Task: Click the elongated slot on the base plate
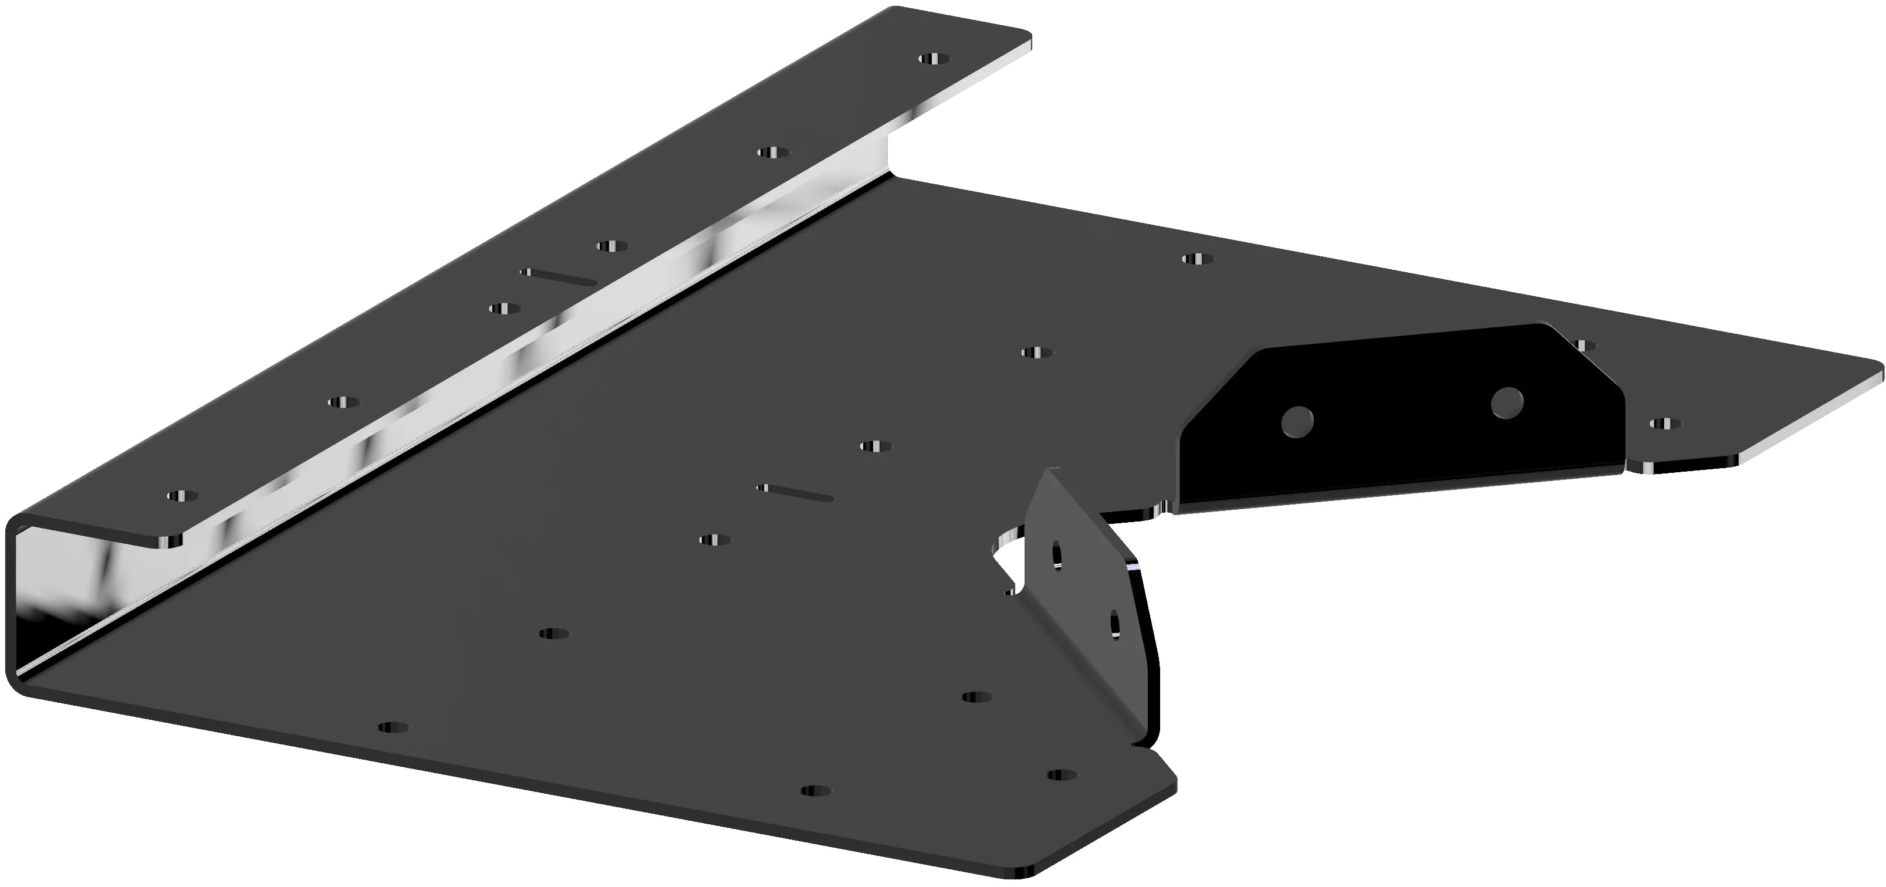[796, 492]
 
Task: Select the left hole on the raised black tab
[1297, 422]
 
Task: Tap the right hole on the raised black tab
[1507, 402]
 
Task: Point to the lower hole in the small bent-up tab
[1115, 624]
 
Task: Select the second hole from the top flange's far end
[773, 152]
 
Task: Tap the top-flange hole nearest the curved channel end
[182, 496]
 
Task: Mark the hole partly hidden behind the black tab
[1584, 345]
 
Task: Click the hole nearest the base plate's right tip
[1665, 423]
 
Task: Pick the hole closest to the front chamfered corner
[1062, 774]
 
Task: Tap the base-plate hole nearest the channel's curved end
[394, 727]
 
